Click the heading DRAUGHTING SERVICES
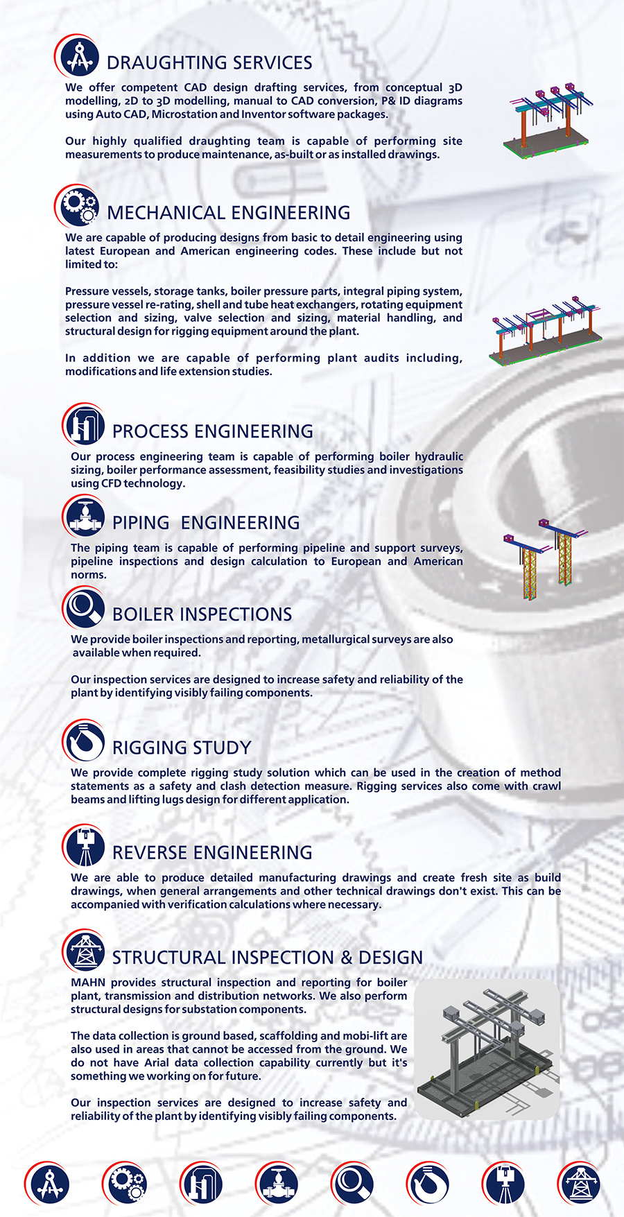(209, 63)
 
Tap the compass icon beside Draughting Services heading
(78, 58)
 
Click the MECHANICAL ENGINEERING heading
(229, 213)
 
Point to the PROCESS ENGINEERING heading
(213, 431)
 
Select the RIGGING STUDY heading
(182, 748)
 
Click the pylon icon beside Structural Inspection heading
(85, 951)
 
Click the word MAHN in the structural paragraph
(88, 983)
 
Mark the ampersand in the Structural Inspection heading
(347, 958)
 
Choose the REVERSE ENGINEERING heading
(212, 853)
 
